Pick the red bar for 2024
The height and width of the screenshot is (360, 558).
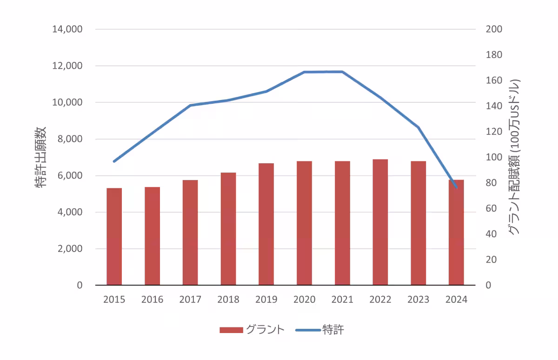[x=456, y=232]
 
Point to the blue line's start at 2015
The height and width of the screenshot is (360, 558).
[x=114, y=161]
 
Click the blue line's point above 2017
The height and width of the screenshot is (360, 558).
[x=190, y=106]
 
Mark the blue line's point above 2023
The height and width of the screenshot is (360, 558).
[x=418, y=127]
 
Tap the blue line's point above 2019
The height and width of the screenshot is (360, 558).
[x=266, y=91]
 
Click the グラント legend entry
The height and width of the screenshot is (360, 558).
[x=252, y=330]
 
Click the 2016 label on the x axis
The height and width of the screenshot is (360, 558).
[x=152, y=300]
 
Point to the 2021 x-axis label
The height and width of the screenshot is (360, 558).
[x=342, y=300]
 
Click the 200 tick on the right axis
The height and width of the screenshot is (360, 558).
[x=494, y=29]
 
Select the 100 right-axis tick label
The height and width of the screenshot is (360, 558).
[x=494, y=157]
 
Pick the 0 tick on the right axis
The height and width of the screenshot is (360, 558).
[x=488, y=285]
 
